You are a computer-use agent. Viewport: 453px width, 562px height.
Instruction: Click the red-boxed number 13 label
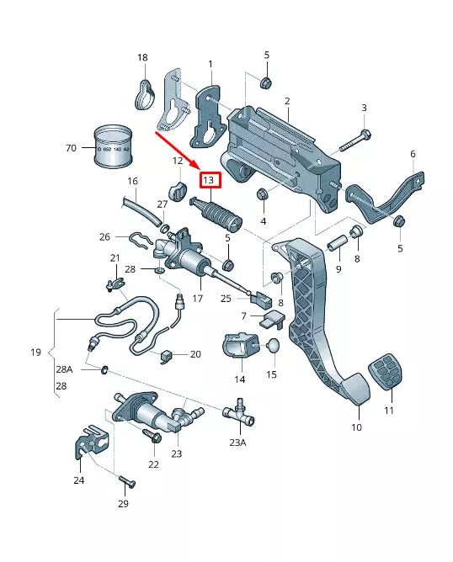click(x=209, y=179)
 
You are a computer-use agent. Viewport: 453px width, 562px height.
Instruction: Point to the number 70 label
click(x=71, y=148)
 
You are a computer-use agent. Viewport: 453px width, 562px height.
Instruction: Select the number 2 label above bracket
click(x=287, y=101)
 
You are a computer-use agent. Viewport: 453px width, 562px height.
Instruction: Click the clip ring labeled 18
click(x=147, y=93)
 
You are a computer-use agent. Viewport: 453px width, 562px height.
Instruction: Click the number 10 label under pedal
click(x=356, y=427)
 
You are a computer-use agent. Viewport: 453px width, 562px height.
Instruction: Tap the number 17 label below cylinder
click(x=199, y=298)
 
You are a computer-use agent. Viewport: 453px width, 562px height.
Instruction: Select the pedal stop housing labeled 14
click(x=239, y=346)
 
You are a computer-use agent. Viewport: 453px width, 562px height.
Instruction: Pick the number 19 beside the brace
click(x=35, y=353)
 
